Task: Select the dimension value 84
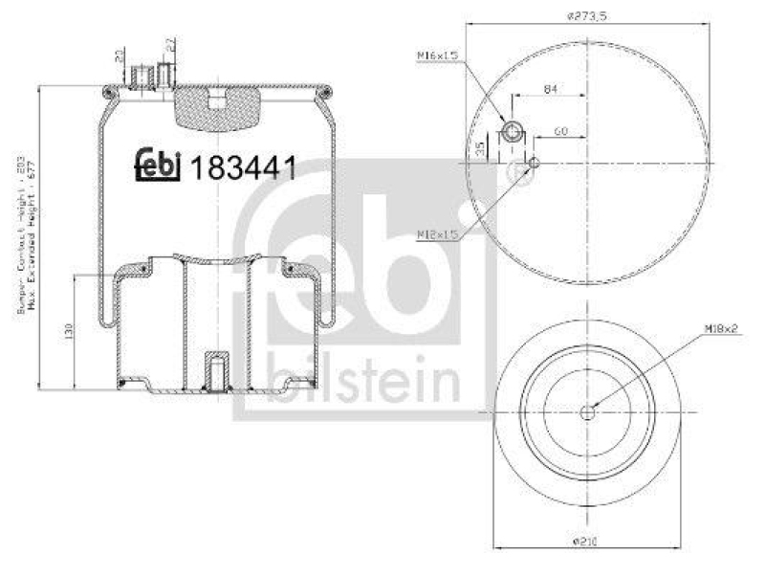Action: pyautogui.click(x=550, y=88)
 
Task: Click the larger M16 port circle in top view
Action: pyautogui.click(x=512, y=131)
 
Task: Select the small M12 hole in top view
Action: pyautogui.click(x=535, y=162)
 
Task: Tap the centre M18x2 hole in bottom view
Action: pyautogui.click(x=585, y=411)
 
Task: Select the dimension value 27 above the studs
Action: pyautogui.click(x=170, y=43)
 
